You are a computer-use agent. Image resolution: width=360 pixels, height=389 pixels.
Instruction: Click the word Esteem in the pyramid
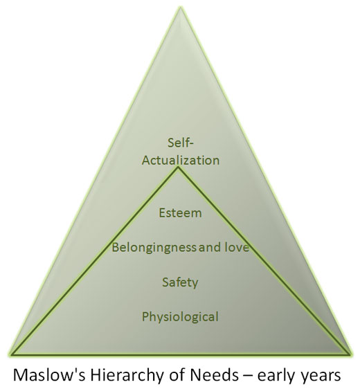180,213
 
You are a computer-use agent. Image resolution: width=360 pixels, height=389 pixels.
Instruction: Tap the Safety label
180,282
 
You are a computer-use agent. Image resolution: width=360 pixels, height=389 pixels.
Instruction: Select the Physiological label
180,317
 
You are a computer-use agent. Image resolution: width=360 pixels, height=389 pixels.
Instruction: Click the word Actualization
181,161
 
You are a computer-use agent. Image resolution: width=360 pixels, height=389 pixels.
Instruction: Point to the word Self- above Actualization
181,143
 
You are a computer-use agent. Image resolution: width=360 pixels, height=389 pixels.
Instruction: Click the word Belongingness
154,248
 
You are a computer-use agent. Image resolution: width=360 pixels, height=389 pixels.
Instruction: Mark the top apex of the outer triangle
181,7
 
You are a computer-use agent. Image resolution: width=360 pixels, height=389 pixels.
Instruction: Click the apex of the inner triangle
178,168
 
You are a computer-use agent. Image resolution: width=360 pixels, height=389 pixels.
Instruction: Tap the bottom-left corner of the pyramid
11,354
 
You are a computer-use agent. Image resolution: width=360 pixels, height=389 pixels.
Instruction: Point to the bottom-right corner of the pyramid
350,354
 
